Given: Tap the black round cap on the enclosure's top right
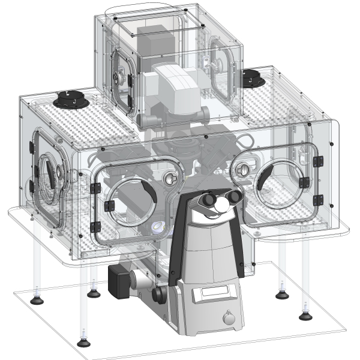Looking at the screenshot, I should click(253, 77).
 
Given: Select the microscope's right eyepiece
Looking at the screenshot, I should click(234, 197).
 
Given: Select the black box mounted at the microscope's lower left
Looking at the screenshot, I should click(119, 280).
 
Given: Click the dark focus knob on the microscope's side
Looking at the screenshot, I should click(159, 294).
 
